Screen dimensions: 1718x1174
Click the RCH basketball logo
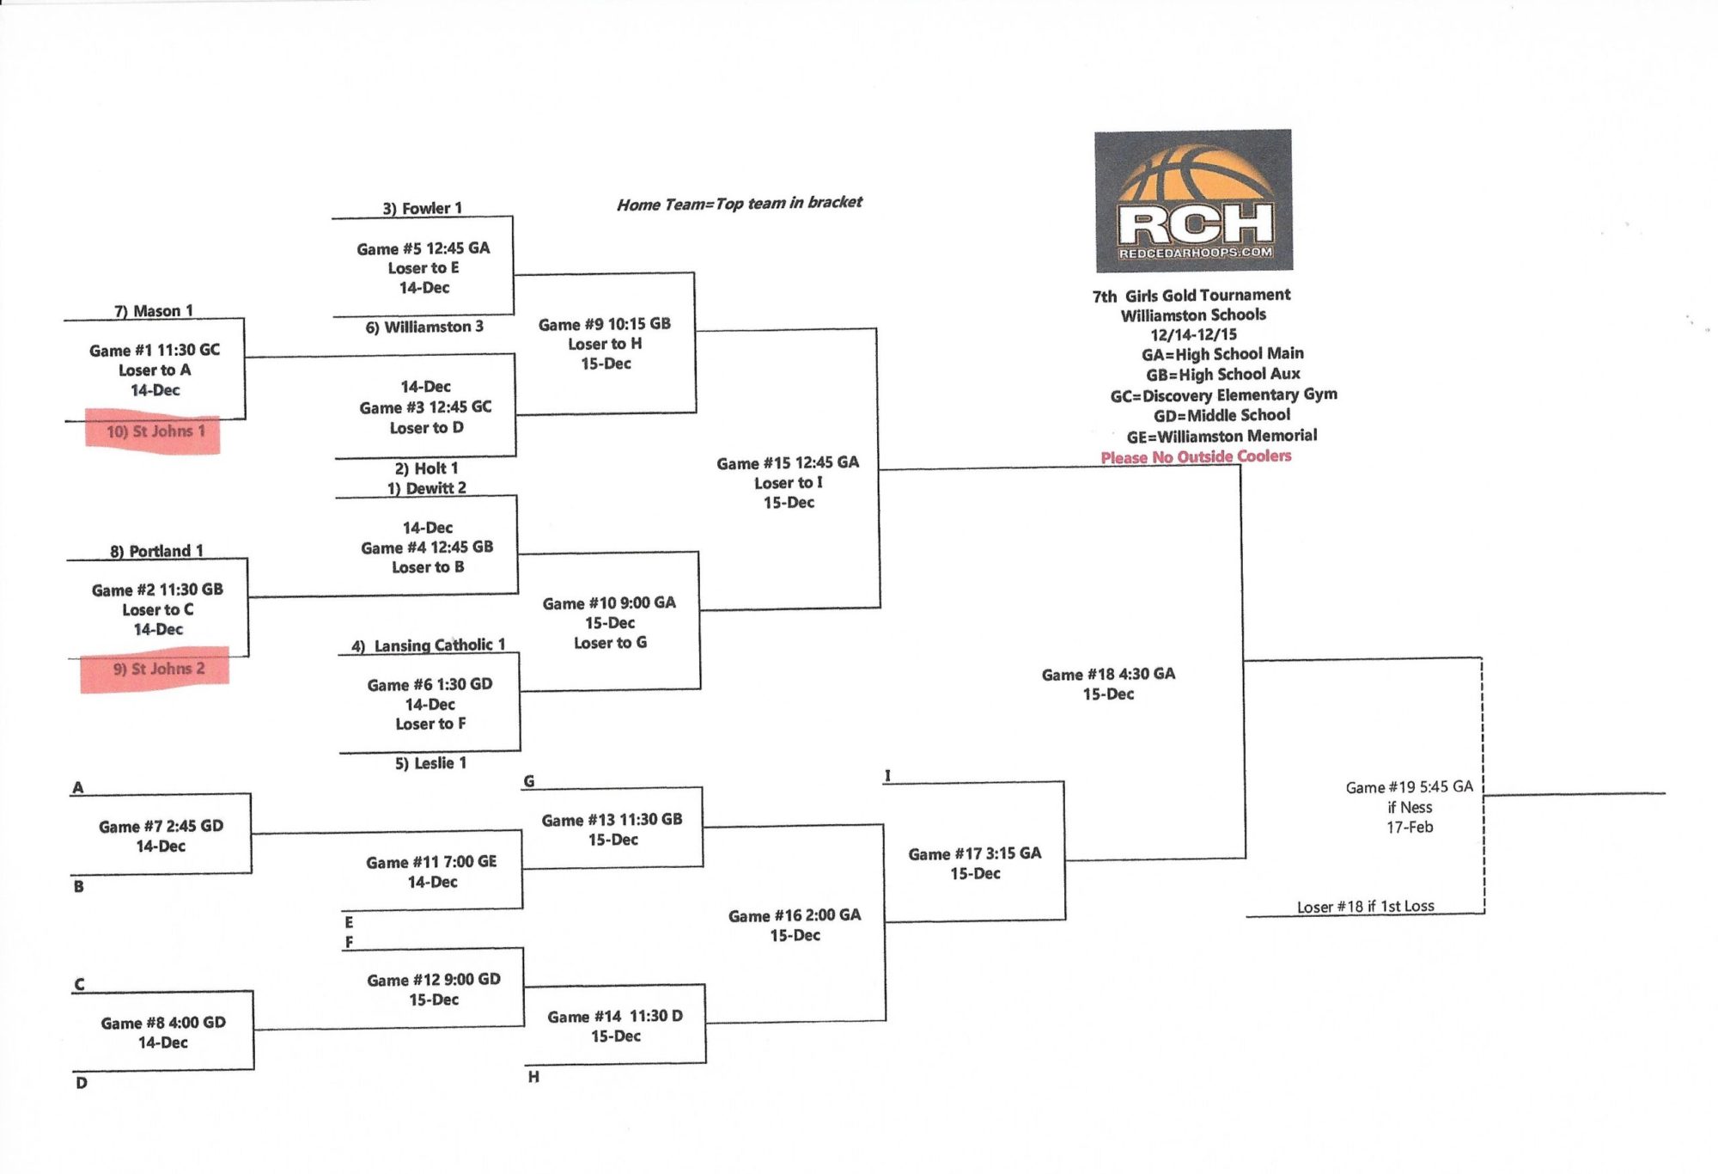pyautogui.click(x=1193, y=200)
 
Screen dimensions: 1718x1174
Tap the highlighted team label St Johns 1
pyautogui.click(x=155, y=431)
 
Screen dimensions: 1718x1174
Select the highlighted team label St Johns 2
pyautogui.click(x=159, y=669)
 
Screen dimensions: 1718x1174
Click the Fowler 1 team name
pyautogui.click(x=422, y=208)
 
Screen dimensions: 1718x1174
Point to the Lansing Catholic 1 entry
pyautogui.click(x=428, y=645)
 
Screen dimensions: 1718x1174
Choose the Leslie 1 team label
pyautogui.click(x=430, y=763)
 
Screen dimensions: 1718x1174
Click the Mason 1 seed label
pyautogui.click(x=154, y=311)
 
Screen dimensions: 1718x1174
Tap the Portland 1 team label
pyautogui.click(x=156, y=551)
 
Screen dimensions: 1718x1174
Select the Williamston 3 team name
pyautogui.click(x=424, y=327)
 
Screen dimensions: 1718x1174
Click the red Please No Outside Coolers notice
pyautogui.click(x=1196, y=456)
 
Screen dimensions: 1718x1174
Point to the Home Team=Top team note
pyautogui.click(x=739, y=204)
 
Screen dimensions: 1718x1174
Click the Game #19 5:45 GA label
pyautogui.click(x=1409, y=787)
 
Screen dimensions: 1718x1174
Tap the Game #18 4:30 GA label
pyautogui.click(x=1108, y=675)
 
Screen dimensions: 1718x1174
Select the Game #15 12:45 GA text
pyautogui.click(x=788, y=463)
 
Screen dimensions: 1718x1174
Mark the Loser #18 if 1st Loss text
pyautogui.click(x=1365, y=907)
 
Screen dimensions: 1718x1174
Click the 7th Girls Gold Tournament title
pyautogui.click(x=1191, y=296)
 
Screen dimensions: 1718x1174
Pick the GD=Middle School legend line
pyautogui.click(x=1221, y=415)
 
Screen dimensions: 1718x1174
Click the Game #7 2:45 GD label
pyautogui.click(x=161, y=827)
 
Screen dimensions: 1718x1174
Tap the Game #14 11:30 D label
pyautogui.click(x=615, y=1017)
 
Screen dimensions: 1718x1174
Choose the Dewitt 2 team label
pyautogui.click(x=427, y=488)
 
